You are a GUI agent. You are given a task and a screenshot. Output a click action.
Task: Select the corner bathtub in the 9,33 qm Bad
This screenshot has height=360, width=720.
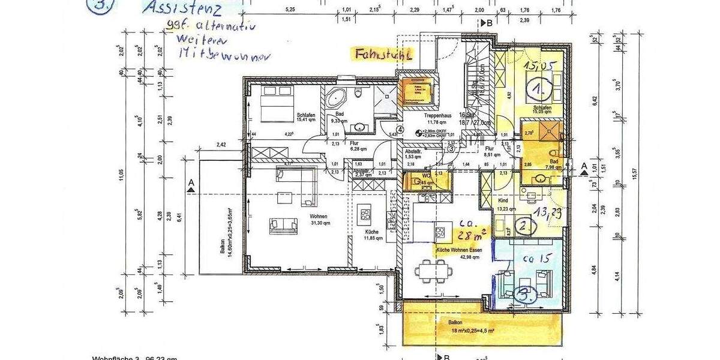(335, 98)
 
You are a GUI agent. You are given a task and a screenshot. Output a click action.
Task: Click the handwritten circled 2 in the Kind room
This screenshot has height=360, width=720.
(525, 226)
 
